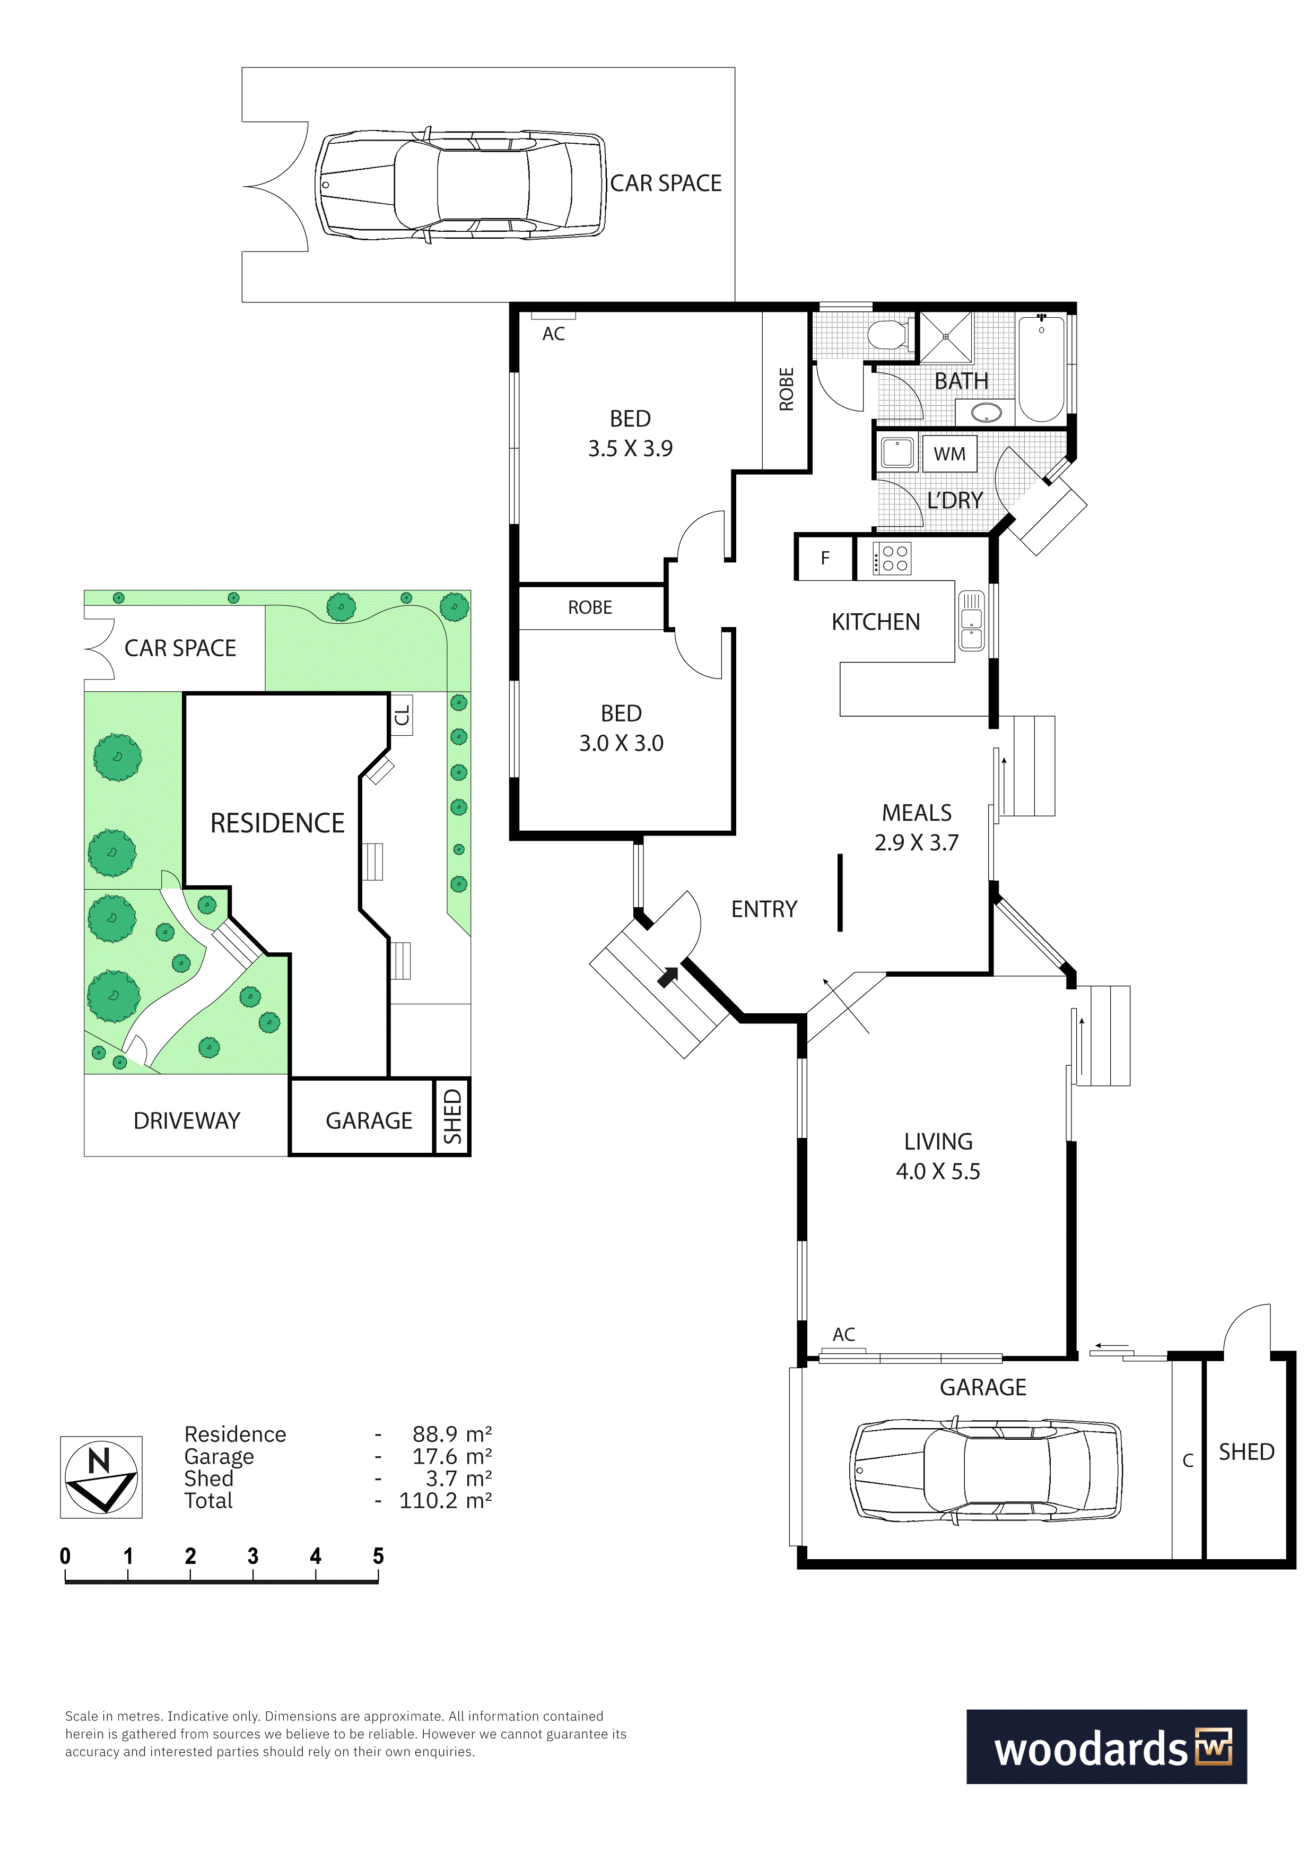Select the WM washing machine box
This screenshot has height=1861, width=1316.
coord(949,454)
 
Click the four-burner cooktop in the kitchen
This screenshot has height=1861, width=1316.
coord(892,558)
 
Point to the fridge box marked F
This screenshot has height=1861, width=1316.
coord(825,558)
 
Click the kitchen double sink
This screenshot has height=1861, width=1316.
coord(971,621)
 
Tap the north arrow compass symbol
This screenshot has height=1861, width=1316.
coord(101,1477)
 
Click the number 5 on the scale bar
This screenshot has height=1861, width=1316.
coord(378,1556)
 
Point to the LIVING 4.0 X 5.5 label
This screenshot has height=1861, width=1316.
coord(938,1156)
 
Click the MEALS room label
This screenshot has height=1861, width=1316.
coord(917,813)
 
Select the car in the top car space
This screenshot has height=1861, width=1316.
coord(461,185)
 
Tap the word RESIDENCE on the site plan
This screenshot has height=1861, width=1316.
coord(277,823)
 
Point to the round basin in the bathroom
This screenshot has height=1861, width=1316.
coord(986,413)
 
